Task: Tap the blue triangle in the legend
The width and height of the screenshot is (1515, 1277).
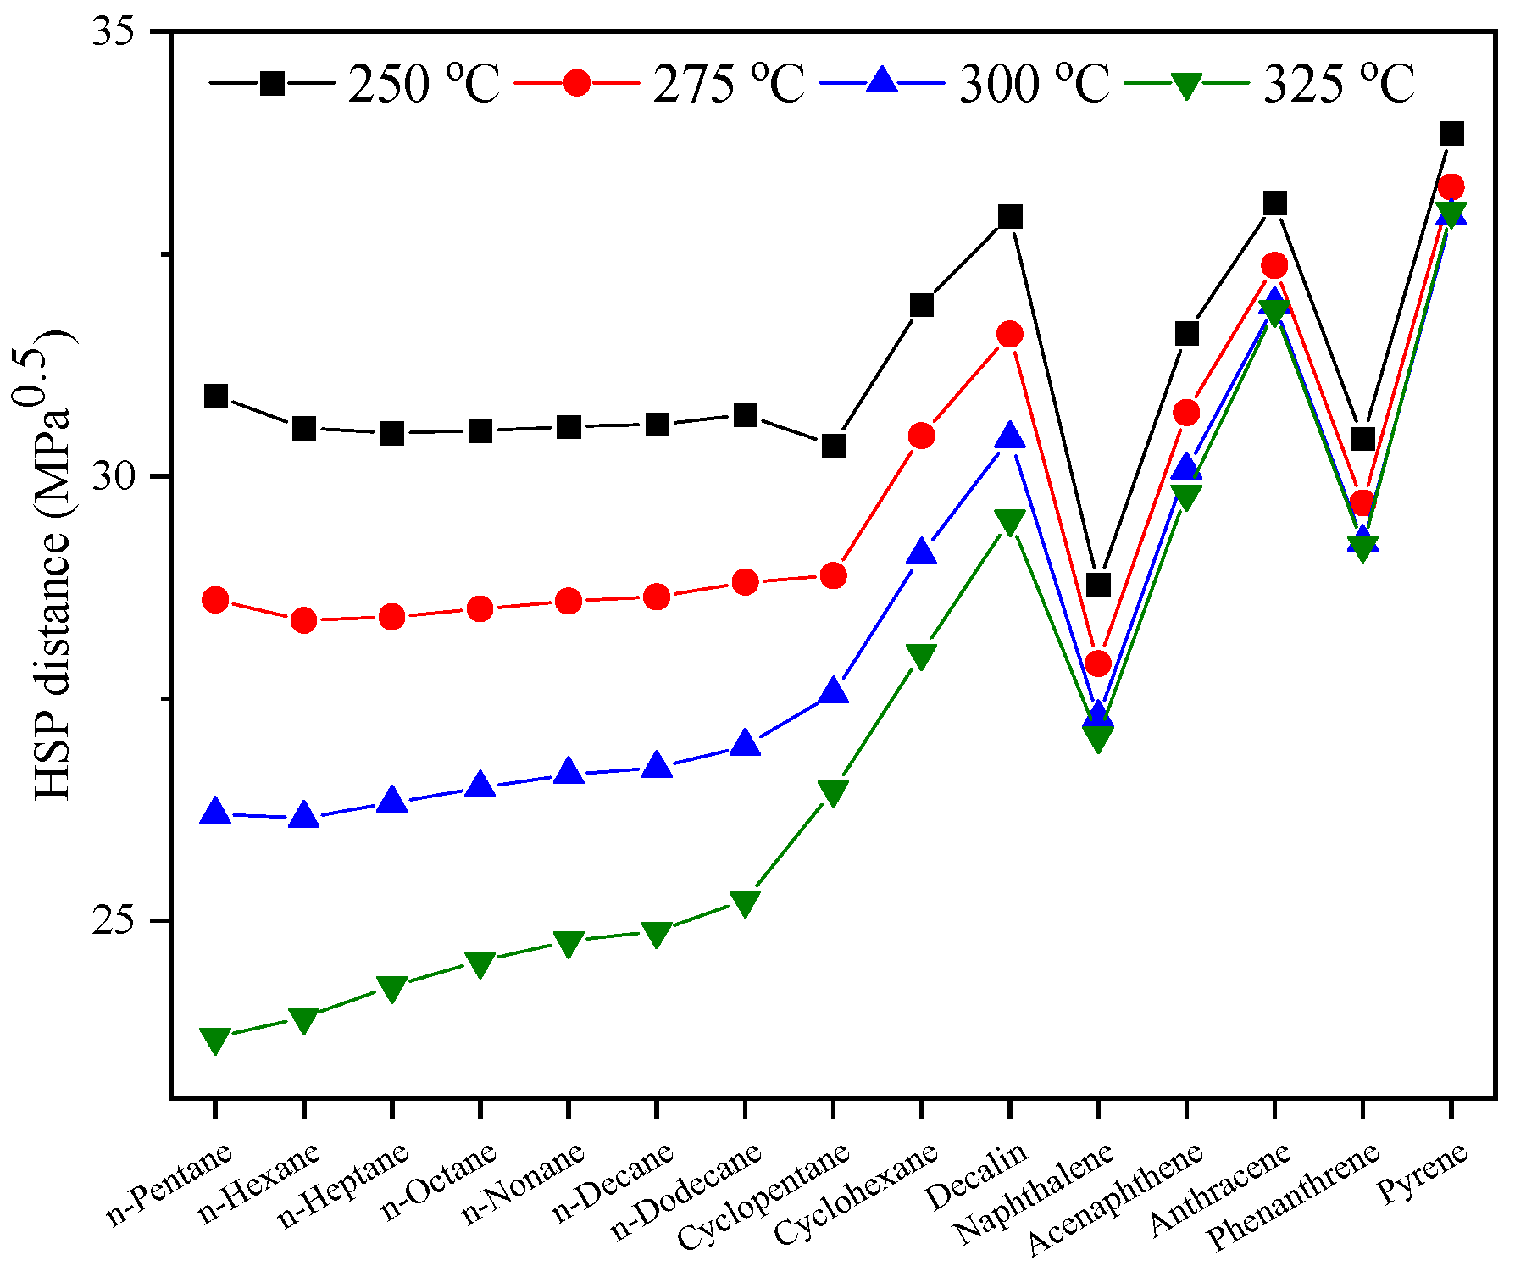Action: pyautogui.click(x=882, y=81)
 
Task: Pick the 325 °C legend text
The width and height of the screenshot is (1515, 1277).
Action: pyautogui.click(x=1338, y=84)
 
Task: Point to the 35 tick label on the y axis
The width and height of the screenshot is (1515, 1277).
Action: pyautogui.click(x=114, y=32)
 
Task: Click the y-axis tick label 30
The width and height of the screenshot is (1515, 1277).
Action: pyautogui.click(x=114, y=477)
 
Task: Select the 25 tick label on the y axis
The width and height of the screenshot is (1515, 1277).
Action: pyautogui.click(x=114, y=921)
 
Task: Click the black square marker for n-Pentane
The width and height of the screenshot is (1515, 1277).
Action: pyautogui.click(x=216, y=396)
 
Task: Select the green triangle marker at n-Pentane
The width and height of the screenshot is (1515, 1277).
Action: pyautogui.click(x=215, y=1040)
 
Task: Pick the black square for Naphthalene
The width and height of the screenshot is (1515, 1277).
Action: pyautogui.click(x=1098, y=585)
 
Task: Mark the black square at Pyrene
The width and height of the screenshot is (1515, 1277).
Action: pyautogui.click(x=1451, y=133)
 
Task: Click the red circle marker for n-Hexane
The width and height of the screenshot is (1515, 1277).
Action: pyautogui.click(x=304, y=621)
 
